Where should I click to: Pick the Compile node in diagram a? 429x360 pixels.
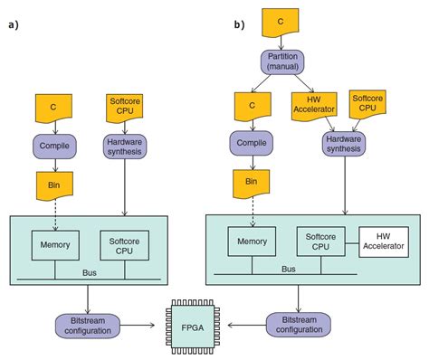[x=56, y=143]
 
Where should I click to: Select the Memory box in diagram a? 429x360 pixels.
[x=56, y=242]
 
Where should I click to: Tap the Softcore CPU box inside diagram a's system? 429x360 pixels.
[x=124, y=242]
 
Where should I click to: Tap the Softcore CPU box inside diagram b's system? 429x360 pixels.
[x=321, y=242]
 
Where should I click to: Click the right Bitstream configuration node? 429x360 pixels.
[x=298, y=324]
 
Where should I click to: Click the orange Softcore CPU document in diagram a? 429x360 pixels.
[x=125, y=107]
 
